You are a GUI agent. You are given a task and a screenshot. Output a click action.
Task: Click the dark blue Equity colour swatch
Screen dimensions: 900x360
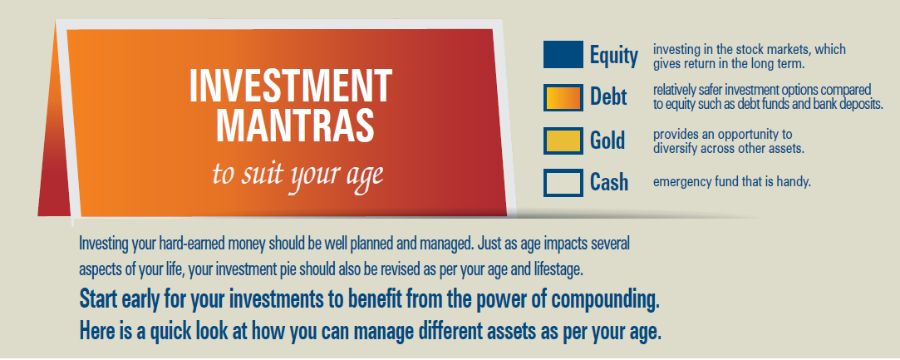pyautogui.click(x=563, y=55)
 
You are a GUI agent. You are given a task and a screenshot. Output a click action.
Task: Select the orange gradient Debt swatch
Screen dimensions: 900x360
pyautogui.click(x=563, y=97)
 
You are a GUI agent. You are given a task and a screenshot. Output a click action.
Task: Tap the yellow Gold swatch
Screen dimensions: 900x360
pyautogui.click(x=563, y=141)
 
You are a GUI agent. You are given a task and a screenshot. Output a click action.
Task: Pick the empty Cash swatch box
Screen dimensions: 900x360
pyautogui.click(x=563, y=183)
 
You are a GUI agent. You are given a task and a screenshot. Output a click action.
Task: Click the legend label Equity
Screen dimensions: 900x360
pyautogui.click(x=614, y=57)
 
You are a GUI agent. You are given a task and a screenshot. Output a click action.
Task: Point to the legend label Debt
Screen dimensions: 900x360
pyautogui.click(x=609, y=96)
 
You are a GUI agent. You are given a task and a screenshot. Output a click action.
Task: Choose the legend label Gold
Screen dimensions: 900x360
pyautogui.click(x=607, y=140)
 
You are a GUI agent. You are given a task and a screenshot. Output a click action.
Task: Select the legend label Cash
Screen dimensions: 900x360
pyautogui.click(x=609, y=182)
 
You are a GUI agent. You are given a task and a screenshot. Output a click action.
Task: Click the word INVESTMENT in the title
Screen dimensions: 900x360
pyautogui.click(x=290, y=86)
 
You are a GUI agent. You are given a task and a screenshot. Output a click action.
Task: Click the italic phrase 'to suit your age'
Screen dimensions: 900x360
pyautogui.click(x=298, y=173)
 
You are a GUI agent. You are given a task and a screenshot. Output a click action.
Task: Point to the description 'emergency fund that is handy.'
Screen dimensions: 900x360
pyautogui.click(x=732, y=183)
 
